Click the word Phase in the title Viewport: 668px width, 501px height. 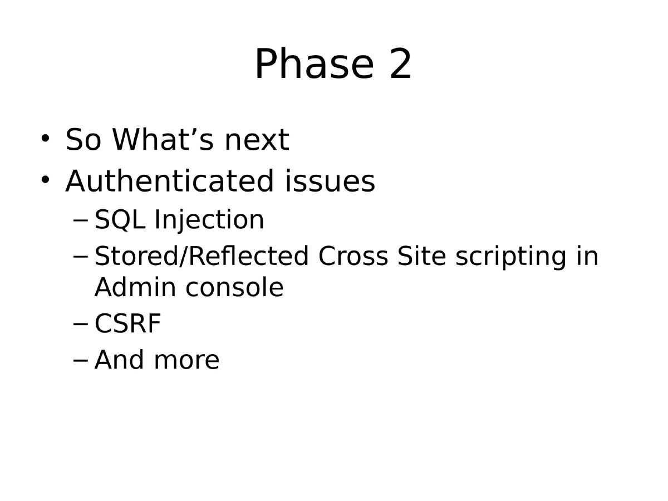coord(313,65)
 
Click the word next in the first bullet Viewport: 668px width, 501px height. coord(257,140)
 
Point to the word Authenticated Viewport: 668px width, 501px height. coord(169,181)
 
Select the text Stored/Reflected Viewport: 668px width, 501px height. coord(202,257)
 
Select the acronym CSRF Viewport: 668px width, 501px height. coord(128,324)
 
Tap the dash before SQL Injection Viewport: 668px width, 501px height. coord(80,220)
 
